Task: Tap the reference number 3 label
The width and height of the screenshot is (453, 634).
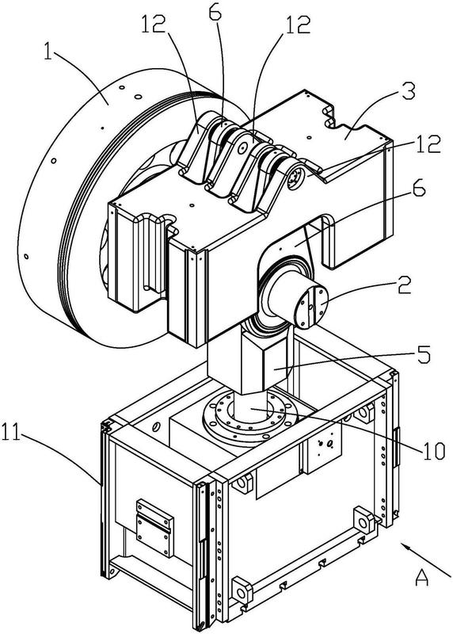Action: point(409,93)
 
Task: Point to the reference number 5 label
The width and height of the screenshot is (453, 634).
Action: point(423,353)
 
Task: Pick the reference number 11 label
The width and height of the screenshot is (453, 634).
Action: point(11,431)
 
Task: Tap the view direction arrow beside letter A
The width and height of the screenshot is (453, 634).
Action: point(426,560)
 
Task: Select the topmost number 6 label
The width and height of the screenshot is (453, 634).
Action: point(215,13)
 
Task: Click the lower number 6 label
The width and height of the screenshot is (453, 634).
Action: point(418,189)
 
